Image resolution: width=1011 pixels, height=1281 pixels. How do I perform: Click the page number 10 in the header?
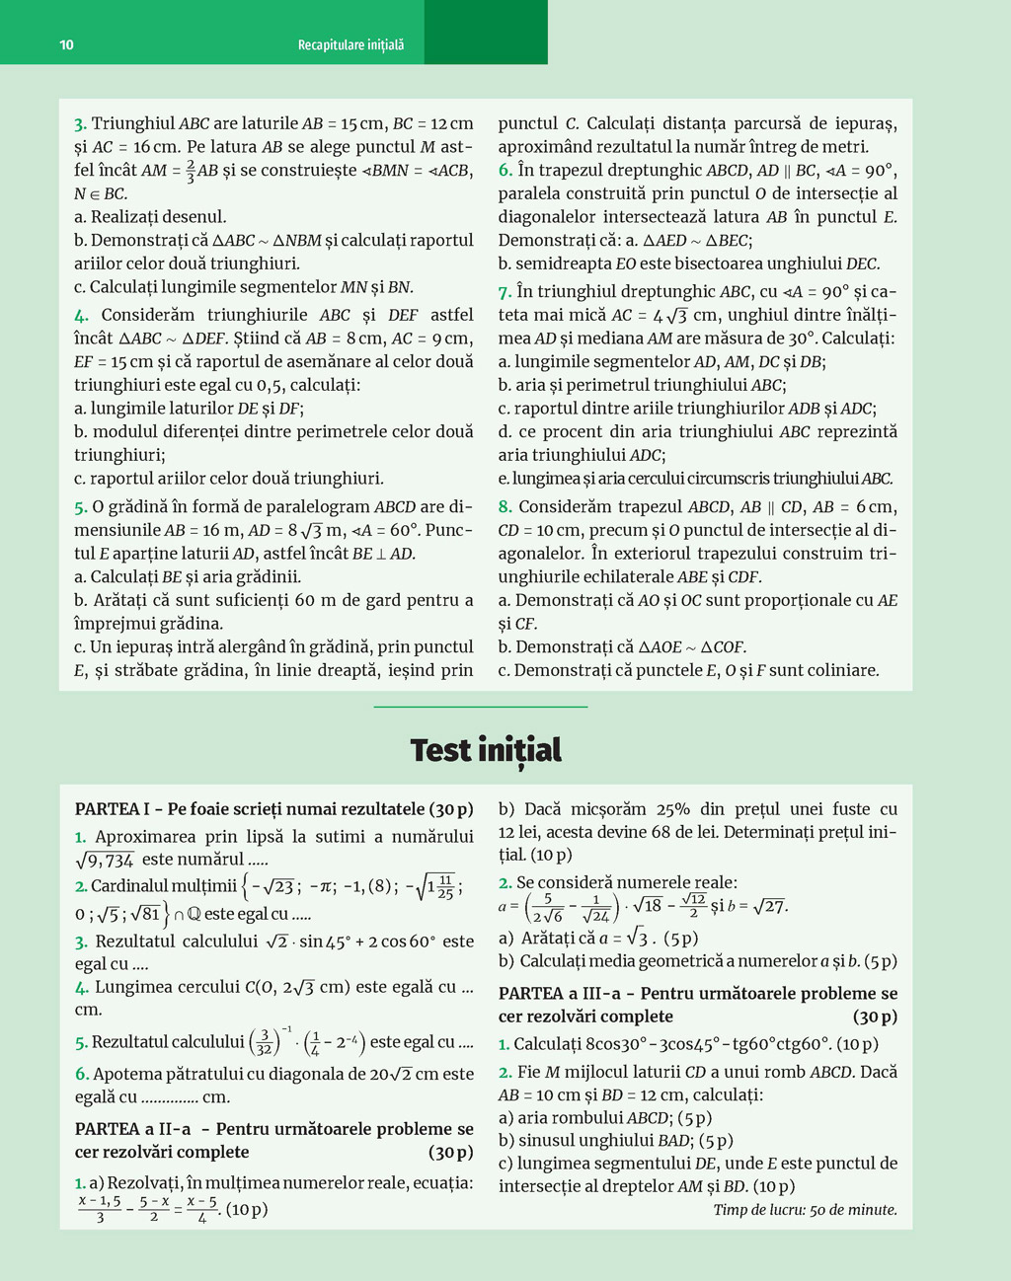(x=66, y=44)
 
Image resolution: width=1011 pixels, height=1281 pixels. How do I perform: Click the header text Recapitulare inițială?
(x=350, y=45)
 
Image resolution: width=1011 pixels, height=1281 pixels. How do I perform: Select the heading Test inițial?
(x=486, y=750)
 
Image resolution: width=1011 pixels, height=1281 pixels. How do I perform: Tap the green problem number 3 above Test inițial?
(x=79, y=124)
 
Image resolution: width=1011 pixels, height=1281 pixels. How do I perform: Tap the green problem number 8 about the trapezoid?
(x=505, y=507)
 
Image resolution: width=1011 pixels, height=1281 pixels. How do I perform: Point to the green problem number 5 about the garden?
(x=80, y=507)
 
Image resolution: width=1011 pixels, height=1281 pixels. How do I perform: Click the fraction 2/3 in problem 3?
(x=191, y=170)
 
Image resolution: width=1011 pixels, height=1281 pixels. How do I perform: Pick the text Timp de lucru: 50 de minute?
(x=805, y=1210)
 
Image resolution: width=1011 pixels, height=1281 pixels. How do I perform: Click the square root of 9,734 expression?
(x=105, y=860)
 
